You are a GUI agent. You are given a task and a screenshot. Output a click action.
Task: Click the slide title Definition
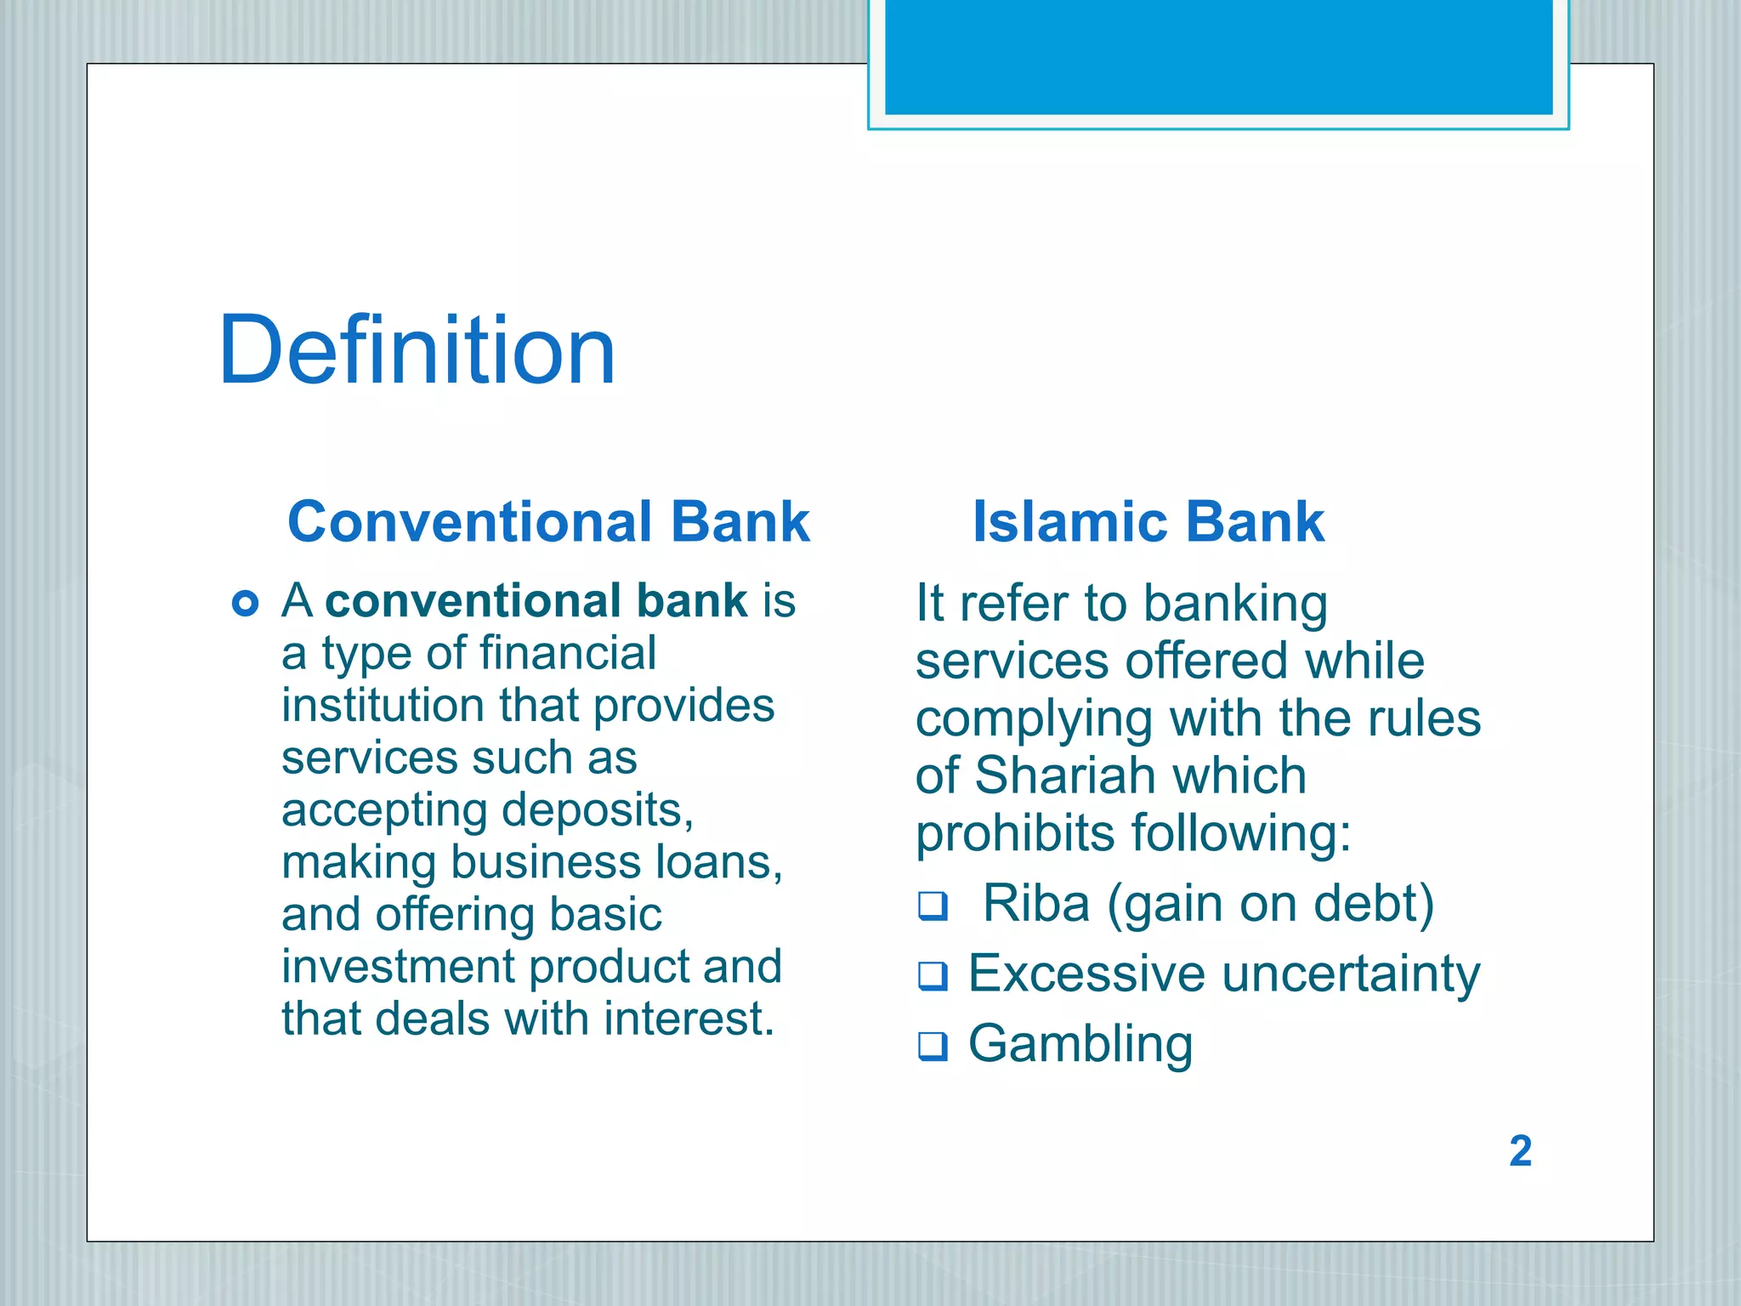(x=417, y=350)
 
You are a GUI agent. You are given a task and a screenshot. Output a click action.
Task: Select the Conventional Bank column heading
(x=548, y=521)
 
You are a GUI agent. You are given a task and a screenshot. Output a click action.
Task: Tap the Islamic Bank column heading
(x=1148, y=521)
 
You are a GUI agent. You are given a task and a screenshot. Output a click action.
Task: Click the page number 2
(x=1520, y=1151)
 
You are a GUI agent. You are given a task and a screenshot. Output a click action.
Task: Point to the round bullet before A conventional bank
(x=245, y=604)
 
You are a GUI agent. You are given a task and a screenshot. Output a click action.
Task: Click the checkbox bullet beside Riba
(x=933, y=906)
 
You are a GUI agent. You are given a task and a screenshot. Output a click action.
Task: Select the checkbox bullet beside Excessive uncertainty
(x=933, y=976)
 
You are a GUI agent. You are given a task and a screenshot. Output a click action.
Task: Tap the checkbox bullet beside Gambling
(x=933, y=1046)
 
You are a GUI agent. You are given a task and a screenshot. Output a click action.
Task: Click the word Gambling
(x=1080, y=1044)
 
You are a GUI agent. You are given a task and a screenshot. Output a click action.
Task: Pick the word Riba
(x=1035, y=903)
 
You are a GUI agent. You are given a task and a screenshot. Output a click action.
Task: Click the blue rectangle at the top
(x=1218, y=56)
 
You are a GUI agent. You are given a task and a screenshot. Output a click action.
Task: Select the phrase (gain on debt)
(x=1270, y=903)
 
